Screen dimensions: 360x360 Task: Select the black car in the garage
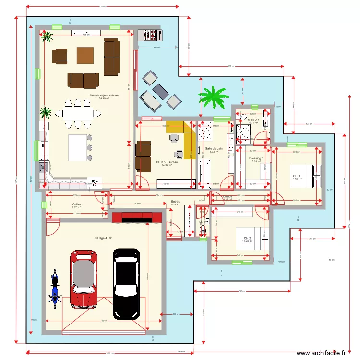(126, 283)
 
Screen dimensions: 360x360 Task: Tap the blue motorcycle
(54, 289)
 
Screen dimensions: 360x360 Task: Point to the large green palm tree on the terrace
(213, 96)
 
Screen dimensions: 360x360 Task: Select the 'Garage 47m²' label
(103, 238)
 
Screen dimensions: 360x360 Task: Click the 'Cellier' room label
(77, 204)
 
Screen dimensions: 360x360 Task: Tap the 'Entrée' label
(176, 202)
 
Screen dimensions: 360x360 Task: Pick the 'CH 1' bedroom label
(296, 176)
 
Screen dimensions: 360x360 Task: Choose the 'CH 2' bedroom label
(247, 238)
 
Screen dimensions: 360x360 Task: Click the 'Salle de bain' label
(214, 149)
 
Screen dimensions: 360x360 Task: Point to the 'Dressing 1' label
(256, 158)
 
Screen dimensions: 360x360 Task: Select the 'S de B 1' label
(253, 120)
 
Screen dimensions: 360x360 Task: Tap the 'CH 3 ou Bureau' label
(167, 162)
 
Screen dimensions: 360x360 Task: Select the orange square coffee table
(85, 55)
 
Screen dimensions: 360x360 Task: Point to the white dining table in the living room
(78, 114)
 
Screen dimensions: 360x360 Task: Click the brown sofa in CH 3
(143, 156)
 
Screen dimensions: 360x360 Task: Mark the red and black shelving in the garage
(137, 216)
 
